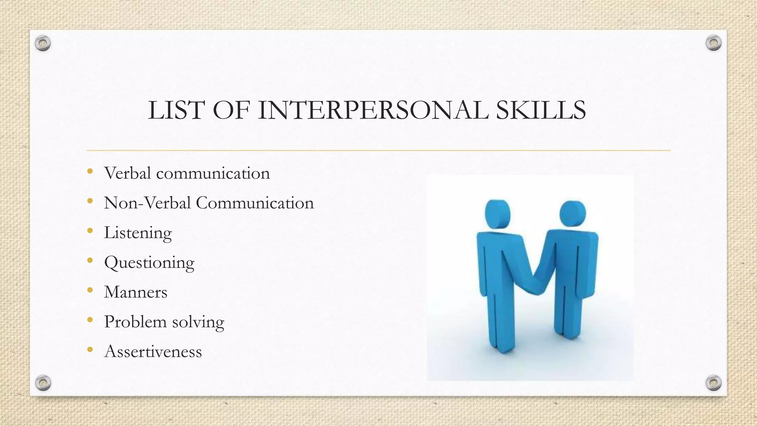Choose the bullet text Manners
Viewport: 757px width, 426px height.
click(x=136, y=292)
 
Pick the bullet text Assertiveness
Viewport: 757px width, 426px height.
click(x=153, y=351)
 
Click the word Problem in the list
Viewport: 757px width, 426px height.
click(x=135, y=322)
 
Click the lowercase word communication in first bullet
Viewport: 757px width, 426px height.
click(x=213, y=173)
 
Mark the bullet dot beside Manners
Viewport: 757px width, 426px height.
click(x=90, y=290)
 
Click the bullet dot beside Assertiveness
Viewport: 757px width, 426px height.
click(x=90, y=349)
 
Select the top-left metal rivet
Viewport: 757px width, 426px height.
click(x=43, y=44)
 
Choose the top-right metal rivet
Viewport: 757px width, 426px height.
click(x=713, y=43)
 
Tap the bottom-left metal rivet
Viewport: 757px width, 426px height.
click(x=43, y=383)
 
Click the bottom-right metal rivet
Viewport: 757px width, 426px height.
click(x=714, y=383)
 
